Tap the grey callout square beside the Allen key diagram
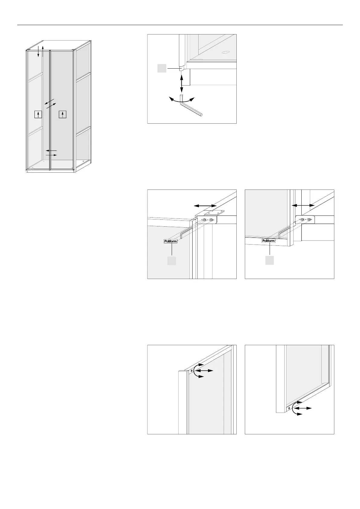click(162, 69)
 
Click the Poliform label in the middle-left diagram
click(170, 241)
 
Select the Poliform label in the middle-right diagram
click(268, 241)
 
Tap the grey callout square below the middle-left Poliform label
click(172, 261)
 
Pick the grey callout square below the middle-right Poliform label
click(270, 260)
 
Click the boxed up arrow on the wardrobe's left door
click(38, 115)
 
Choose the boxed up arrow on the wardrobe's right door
click(63, 114)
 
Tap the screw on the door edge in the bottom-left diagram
click(191, 370)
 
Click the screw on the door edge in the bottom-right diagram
click(289, 408)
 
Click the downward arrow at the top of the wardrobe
click(38, 52)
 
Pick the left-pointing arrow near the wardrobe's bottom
click(51, 151)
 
